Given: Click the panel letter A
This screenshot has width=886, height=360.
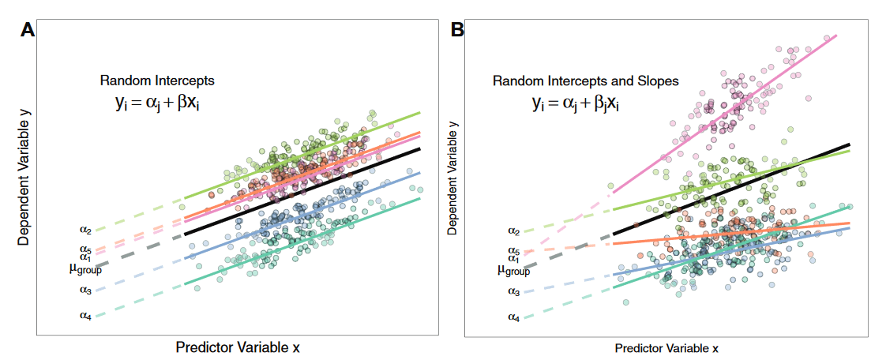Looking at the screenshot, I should pyautogui.click(x=28, y=31).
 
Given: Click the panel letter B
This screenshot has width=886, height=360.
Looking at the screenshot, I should pyautogui.click(x=457, y=31).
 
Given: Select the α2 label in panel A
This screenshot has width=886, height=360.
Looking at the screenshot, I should pyautogui.click(x=85, y=231).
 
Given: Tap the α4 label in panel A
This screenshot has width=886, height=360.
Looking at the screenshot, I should pyautogui.click(x=85, y=316).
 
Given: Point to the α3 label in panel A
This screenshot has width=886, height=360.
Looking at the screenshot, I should pyautogui.click(x=85, y=290).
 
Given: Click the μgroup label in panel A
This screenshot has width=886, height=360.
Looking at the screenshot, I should pyautogui.click(x=85, y=269).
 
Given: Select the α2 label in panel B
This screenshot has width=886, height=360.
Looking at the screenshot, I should pyautogui.click(x=513, y=231).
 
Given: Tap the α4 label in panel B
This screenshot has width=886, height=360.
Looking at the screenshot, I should pyautogui.click(x=513, y=317).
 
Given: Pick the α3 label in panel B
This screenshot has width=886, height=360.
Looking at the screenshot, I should pyautogui.click(x=513, y=291).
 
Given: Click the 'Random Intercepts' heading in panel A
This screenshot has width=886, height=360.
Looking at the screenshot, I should pyautogui.click(x=157, y=81).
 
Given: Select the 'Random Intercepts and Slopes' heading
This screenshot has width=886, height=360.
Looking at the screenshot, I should pyautogui.click(x=586, y=81).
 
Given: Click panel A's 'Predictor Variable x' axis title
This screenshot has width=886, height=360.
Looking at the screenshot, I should pyautogui.click(x=238, y=347).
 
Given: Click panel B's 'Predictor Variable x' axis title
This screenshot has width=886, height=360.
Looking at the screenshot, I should pyautogui.click(x=666, y=347).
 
